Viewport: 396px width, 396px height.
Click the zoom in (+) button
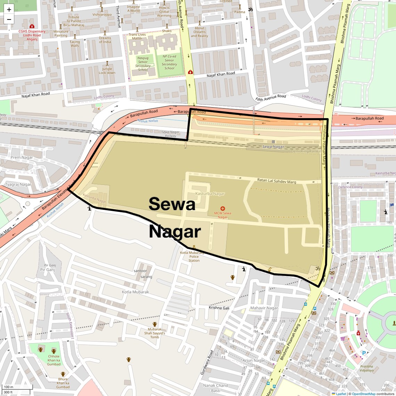[9, 9]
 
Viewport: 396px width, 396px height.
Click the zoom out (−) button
[9, 19]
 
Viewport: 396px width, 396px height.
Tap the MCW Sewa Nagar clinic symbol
[223, 209]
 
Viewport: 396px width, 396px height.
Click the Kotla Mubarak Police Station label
[194, 256]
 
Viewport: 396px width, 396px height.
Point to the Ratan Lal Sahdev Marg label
[277, 181]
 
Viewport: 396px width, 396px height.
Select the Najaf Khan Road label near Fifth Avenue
[221, 74]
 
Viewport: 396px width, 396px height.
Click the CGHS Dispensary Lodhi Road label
[32, 35]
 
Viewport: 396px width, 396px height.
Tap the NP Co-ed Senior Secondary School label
[169, 62]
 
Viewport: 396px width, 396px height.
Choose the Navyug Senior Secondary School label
[143, 64]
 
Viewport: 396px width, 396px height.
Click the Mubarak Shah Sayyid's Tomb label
[155, 333]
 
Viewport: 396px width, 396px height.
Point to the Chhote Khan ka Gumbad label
[54, 360]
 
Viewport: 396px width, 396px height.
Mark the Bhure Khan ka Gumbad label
[63, 383]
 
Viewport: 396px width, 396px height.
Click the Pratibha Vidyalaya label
[366, 368]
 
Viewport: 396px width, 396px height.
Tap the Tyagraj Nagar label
[18, 184]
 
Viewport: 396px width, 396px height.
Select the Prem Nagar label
[22, 157]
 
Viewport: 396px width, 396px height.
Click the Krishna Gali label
[219, 308]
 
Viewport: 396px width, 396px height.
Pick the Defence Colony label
[350, 187]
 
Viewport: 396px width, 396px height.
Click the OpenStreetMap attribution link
[363, 394]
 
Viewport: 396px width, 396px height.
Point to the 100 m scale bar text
[8, 387]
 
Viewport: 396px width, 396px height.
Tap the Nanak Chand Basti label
[215, 388]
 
